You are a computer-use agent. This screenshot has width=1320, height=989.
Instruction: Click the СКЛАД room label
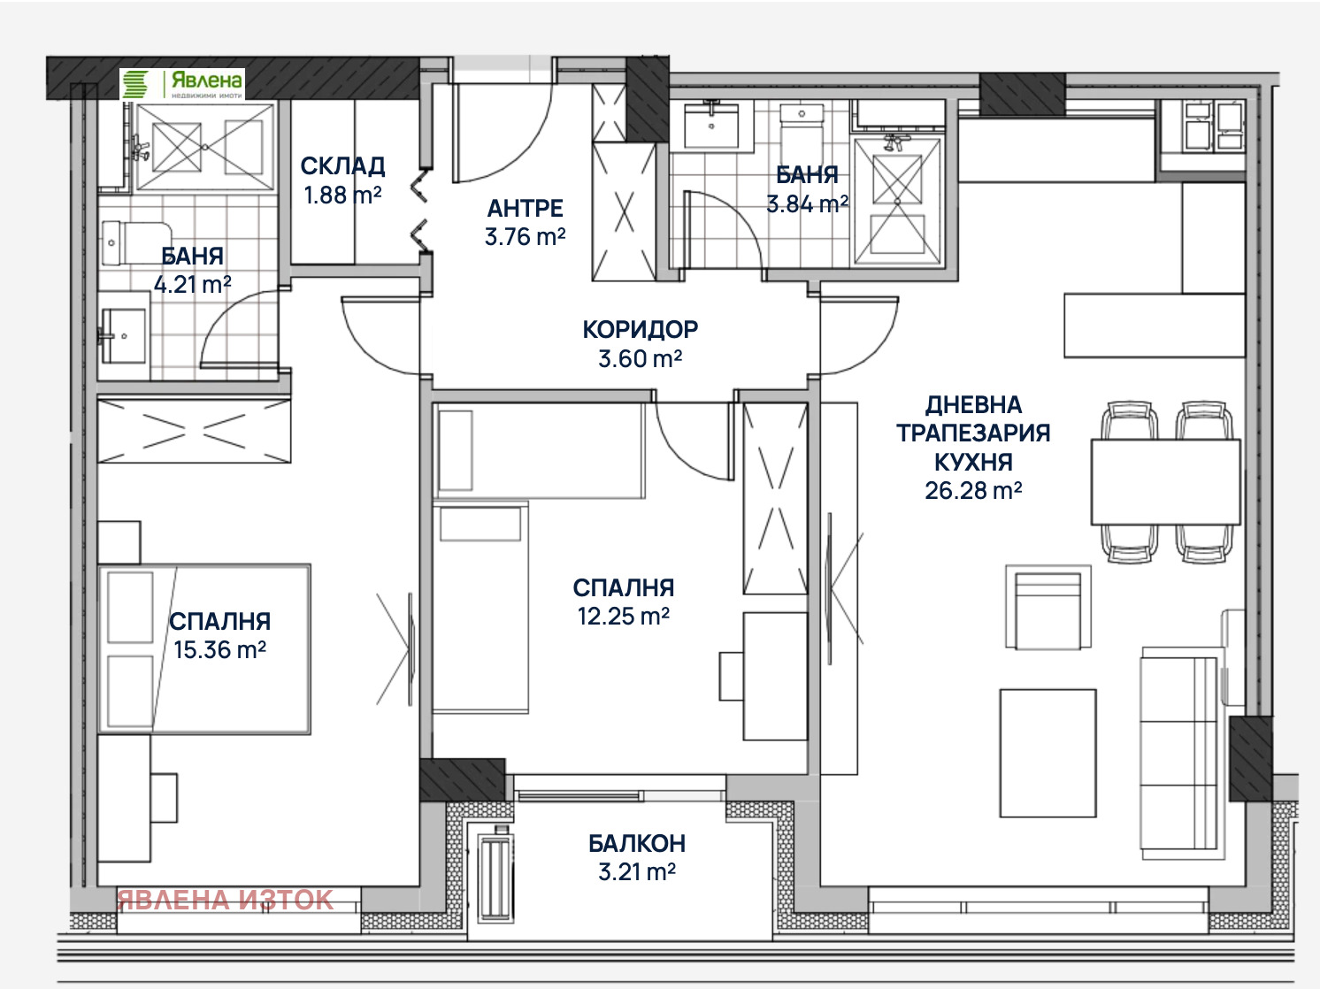point(342,166)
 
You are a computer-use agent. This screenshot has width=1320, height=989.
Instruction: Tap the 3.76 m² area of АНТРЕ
point(525,237)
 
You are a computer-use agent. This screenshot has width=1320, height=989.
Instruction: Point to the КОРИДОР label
point(641,329)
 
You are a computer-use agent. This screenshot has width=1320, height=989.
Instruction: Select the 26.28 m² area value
point(973,491)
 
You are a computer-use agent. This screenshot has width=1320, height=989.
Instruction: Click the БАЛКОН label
point(637,844)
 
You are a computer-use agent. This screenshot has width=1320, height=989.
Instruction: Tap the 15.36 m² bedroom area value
point(220,650)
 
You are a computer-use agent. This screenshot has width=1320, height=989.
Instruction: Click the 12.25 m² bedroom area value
point(624,617)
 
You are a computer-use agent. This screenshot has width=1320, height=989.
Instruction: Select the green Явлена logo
point(182,83)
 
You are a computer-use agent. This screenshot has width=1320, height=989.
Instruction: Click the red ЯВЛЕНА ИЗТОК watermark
point(226,900)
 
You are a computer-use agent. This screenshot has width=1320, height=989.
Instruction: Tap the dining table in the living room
point(1166,482)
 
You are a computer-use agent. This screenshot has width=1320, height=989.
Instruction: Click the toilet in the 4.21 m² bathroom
point(136,243)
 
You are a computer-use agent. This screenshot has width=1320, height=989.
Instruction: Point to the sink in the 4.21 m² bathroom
point(123,336)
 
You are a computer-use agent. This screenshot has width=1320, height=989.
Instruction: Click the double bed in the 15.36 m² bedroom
point(204,648)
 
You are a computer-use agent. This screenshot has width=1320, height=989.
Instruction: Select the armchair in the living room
point(1048,607)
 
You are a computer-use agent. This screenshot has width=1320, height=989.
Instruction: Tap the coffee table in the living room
point(1048,754)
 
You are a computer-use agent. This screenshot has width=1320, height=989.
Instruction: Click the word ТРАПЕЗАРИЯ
point(973,433)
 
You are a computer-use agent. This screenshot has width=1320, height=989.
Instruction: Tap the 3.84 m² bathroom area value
point(807,204)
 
